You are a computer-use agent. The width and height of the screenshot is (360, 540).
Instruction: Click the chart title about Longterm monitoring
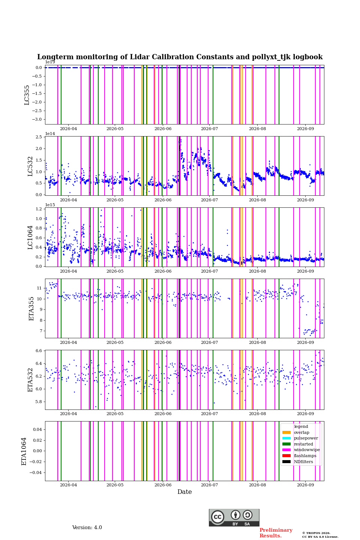[180, 57]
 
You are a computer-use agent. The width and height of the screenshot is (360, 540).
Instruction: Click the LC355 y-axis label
[27, 95]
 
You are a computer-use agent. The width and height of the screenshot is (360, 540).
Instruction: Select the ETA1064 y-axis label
[24, 451]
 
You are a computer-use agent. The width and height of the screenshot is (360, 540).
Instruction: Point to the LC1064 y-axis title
[30, 237]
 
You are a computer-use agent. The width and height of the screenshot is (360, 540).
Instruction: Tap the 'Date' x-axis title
[184, 492]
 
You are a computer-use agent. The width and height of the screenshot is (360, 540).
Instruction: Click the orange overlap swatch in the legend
[286, 432]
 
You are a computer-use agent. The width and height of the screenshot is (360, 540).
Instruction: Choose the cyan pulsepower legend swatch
[286, 438]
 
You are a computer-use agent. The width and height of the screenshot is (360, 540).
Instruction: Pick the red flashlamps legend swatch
[286, 456]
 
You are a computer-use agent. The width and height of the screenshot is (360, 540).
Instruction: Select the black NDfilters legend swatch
[286, 462]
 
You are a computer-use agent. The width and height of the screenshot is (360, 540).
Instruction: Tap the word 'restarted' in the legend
[303, 444]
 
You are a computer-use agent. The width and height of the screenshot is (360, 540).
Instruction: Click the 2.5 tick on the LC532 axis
[39, 137]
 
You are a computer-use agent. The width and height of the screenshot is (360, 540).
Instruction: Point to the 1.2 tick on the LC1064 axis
[39, 209]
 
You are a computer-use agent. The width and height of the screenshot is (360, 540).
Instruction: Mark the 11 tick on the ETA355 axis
[39, 288]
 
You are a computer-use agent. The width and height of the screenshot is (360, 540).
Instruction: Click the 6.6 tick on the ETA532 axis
[39, 351]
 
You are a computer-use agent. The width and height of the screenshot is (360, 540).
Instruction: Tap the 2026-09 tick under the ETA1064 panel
[305, 485]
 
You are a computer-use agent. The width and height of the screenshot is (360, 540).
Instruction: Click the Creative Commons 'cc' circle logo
[217, 517]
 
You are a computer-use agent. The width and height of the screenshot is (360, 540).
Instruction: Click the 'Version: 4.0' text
[87, 528]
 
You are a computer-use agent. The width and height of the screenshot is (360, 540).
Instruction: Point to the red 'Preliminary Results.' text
[276, 533]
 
